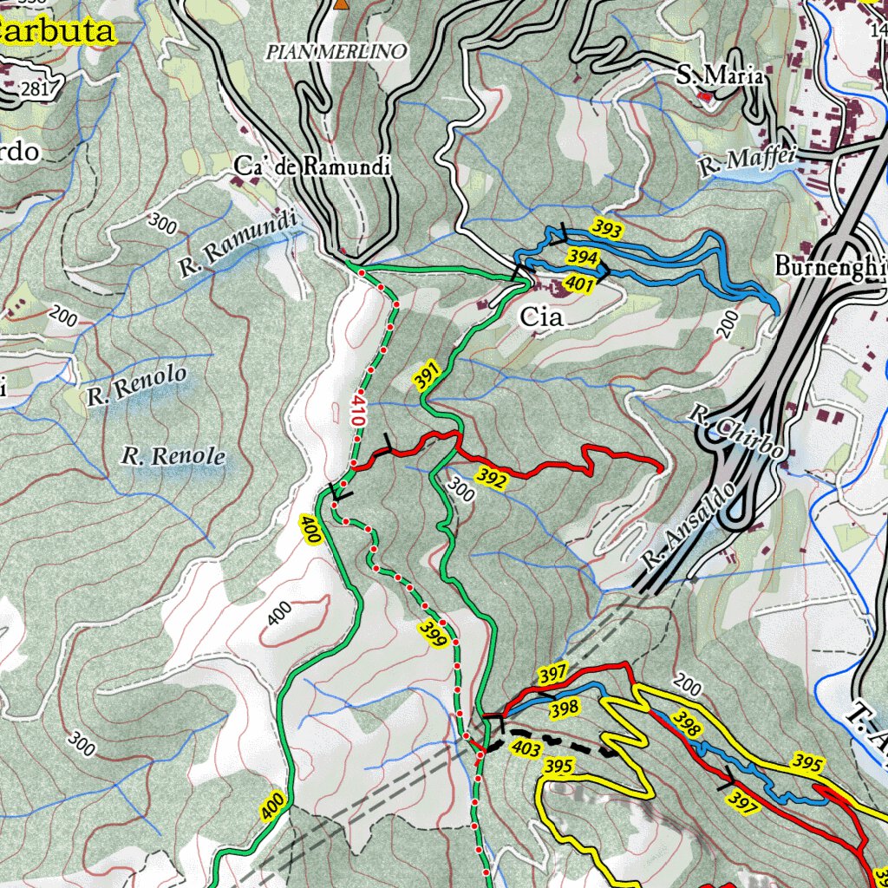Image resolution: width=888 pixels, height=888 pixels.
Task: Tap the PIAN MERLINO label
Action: click(x=336, y=52)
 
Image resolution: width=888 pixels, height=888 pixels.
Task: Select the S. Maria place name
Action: click(x=720, y=76)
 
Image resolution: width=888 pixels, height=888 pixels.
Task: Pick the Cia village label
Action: click(x=541, y=317)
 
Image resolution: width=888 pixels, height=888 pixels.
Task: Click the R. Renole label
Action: click(x=173, y=456)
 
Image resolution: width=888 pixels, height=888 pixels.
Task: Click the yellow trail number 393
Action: click(x=607, y=229)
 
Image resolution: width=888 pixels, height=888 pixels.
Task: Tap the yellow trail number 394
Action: click(x=583, y=257)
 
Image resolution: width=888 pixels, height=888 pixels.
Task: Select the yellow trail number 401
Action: click(x=578, y=283)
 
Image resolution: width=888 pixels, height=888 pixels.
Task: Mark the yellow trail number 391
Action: click(x=427, y=377)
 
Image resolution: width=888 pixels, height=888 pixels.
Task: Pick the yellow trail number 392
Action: click(x=491, y=478)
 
